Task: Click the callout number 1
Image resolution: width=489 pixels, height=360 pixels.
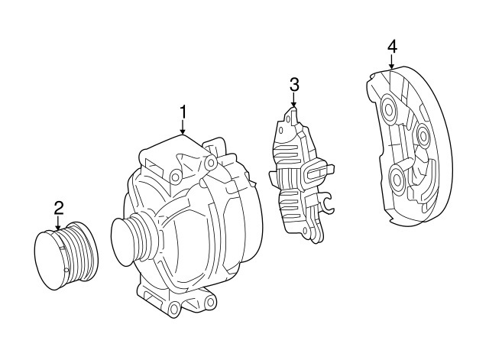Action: pos(183,113)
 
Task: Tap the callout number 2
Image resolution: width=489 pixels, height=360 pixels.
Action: pos(59,207)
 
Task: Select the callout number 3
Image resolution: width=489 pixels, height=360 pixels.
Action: pos(294,84)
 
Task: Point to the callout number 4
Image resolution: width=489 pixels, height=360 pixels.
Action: pos(392,47)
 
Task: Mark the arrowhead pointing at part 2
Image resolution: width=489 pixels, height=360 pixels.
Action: pos(59,227)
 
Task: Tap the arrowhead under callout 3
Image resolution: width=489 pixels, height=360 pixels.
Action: pos(294,104)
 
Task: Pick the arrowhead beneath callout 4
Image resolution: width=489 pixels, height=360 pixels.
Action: pos(392,67)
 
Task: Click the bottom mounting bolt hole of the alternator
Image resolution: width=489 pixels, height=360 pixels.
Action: pos(174,307)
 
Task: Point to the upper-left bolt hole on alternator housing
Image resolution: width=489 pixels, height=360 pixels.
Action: pos(175,177)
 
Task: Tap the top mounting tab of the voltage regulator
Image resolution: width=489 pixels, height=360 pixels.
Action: pos(291,116)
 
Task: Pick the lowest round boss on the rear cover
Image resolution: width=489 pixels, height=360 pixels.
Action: pos(398,180)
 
